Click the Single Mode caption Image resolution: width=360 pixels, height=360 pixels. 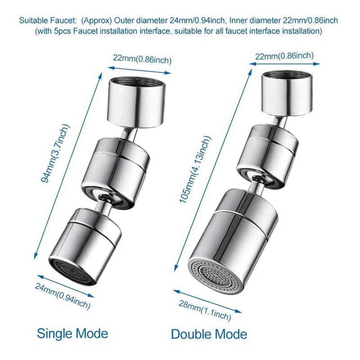pos(72,333)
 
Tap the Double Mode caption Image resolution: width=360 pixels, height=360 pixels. pos(209,334)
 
